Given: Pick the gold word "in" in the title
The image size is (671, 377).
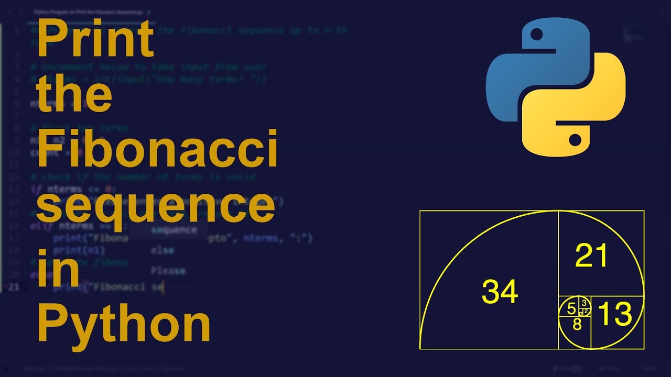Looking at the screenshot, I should [x=58, y=265].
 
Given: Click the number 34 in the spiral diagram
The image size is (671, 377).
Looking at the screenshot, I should [x=500, y=292].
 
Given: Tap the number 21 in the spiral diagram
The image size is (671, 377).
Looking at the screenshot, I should [x=591, y=256].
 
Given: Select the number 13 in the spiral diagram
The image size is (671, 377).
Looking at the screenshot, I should [x=614, y=314].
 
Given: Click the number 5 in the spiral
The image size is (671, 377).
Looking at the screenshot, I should [x=571, y=309].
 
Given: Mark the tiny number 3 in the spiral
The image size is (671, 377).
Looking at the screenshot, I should [x=584, y=303].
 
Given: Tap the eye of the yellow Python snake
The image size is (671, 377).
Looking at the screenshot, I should [x=575, y=139].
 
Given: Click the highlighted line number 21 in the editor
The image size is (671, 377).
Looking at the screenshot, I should [x=14, y=286].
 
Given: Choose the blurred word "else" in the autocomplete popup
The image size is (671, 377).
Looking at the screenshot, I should [x=162, y=250].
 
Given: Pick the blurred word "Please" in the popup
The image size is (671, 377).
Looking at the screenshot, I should [x=168, y=271].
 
